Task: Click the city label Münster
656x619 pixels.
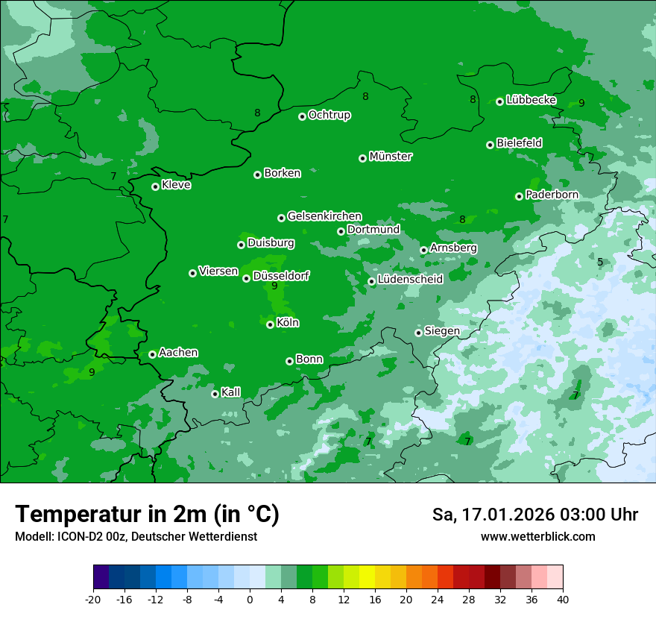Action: pos(391,157)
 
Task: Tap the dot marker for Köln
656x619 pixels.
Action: pos(270,324)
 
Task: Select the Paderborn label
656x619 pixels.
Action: pos(552,195)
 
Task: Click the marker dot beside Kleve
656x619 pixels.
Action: pos(155,186)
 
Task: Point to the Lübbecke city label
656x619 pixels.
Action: pos(531,100)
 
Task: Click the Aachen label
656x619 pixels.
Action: pos(178,353)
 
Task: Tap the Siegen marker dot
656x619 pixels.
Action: pos(418,333)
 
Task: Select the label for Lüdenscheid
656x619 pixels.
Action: pos(410,280)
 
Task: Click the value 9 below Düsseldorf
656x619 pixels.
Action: pos(274,286)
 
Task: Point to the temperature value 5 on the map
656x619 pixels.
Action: pos(600,262)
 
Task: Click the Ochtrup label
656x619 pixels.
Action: pos(329,115)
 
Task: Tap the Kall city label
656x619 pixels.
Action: pos(231,392)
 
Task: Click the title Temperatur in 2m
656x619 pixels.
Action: pos(148,514)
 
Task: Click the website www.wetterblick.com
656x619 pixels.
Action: pos(537,536)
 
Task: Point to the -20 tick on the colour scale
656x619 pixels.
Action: pos(93,600)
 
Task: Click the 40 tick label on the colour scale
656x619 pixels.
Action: pos(563,600)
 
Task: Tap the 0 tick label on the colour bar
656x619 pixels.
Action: pos(250,600)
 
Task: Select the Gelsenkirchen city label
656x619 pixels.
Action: pos(324,216)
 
